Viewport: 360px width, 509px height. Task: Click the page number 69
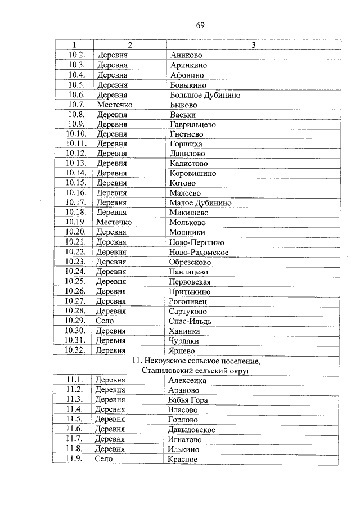200,25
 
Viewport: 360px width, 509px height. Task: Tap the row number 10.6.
75,95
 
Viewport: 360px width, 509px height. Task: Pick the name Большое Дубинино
205,95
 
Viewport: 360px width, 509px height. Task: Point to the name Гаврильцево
192,124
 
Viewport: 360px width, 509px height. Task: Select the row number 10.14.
75,173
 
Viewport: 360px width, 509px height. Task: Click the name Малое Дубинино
200,202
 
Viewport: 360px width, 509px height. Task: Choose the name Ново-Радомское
199,252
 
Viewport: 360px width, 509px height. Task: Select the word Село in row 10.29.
105,321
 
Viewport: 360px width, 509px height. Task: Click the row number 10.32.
75,350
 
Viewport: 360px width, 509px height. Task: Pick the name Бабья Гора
188,400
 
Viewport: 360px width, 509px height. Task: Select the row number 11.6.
74,429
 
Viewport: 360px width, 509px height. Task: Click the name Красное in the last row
183,459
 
